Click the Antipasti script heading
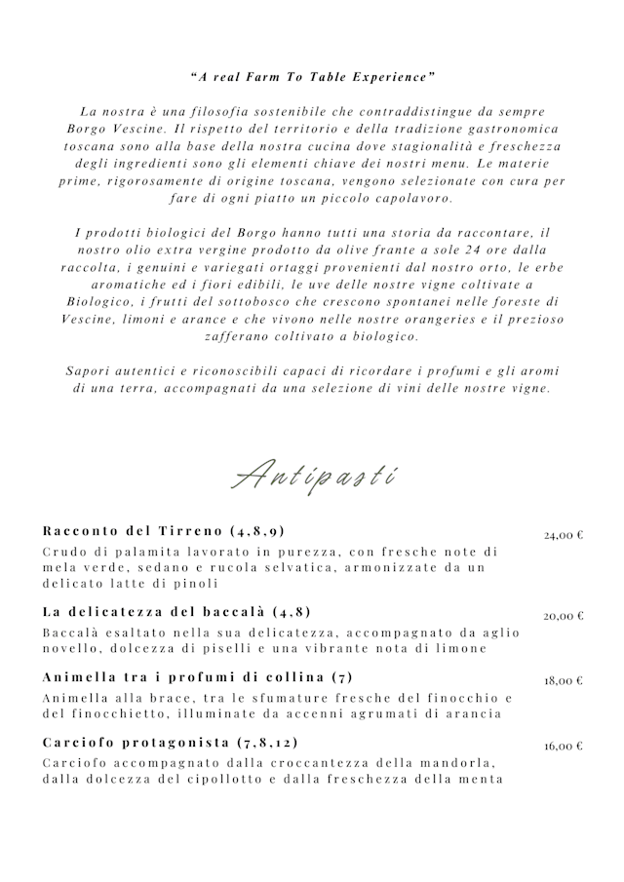(312, 476)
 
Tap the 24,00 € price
(564, 535)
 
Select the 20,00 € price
(564, 616)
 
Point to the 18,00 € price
(564, 681)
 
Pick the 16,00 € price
(564, 747)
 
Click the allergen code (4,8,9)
(258, 531)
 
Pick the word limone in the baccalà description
(457, 649)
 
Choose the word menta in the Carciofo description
(483, 779)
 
